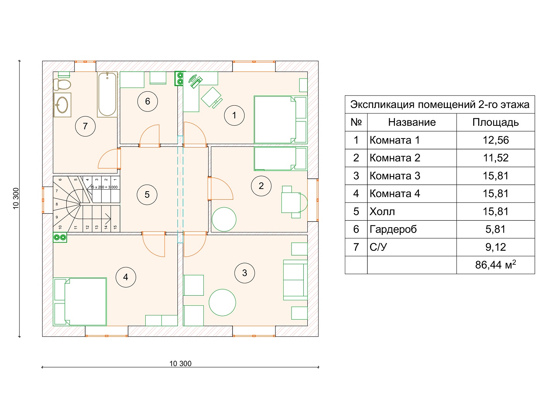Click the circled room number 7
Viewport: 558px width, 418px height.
click(85, 126)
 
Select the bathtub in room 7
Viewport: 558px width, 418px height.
click(107, 94)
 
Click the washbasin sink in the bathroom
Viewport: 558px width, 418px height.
click(62, 105)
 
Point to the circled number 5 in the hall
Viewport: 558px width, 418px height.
click(147, 195)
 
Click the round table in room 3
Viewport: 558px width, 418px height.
click(222, 302)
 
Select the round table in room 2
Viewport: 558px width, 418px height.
click(224, 219)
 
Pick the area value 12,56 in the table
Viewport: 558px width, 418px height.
click(496, 140)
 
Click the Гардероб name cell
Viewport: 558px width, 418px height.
click(393, 229)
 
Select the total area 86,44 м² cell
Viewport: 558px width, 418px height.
click(496, 265)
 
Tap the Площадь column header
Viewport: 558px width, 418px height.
click(496, 123)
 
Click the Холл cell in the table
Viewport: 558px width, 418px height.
click(382, 211)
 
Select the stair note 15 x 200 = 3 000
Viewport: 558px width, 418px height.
click(104, 187)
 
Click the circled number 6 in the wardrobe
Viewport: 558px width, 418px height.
click(148, 101)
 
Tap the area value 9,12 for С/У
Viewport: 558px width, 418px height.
click(496, 247)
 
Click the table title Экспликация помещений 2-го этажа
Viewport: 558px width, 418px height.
click(440, 104)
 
